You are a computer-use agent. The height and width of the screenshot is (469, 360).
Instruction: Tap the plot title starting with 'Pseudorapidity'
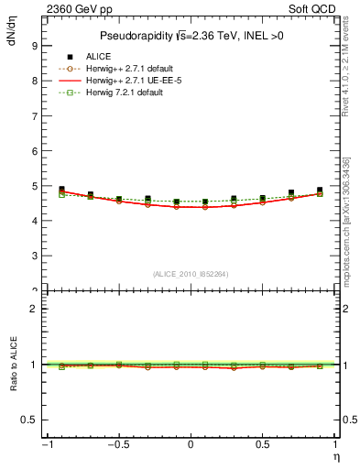click(191, 36)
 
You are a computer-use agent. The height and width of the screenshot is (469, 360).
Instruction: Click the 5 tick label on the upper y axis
click(34, 186)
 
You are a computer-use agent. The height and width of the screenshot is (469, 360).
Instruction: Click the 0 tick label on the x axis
click(191, 446)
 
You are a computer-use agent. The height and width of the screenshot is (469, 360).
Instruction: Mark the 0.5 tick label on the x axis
click(263, 446)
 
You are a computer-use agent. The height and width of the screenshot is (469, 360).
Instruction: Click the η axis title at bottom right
click(334, 456)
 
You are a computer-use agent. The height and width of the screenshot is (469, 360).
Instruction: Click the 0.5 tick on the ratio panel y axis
click(29, 420)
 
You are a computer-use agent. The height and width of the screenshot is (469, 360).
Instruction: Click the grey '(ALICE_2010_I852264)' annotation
click(191, 274)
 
